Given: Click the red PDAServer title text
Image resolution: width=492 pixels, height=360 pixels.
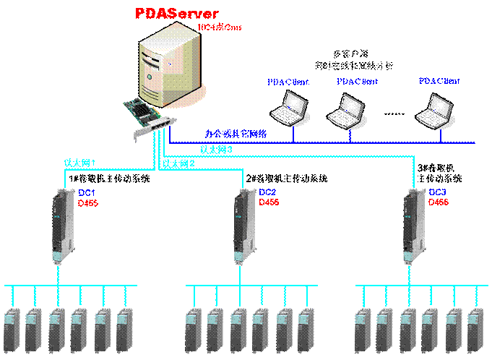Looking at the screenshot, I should [177, 13].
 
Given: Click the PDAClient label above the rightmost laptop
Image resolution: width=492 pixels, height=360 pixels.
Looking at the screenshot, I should [439, 81].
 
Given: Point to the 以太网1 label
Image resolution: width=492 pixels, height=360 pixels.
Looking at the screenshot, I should [80, 163].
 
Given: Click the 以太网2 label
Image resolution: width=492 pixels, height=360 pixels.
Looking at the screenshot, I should [178, 164].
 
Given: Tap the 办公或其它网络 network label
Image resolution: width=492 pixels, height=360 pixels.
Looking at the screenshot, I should [236, 134].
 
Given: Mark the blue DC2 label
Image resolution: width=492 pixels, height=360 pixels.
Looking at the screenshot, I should [267, 193].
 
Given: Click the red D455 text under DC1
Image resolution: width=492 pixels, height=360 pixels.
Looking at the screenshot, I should [87, 203].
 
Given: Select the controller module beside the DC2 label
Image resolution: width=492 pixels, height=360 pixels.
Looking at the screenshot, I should [244, 224].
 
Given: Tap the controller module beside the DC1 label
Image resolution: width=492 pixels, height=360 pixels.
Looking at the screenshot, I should [61, 224].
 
